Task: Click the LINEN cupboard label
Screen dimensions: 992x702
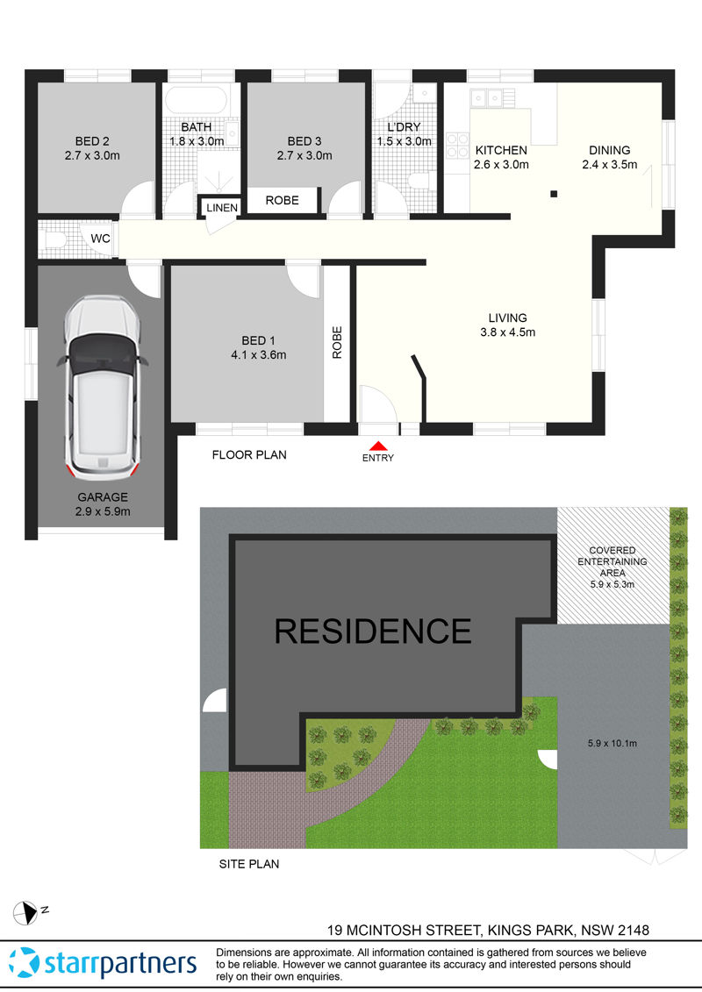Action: point(222,208)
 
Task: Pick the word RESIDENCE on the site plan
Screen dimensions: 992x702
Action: point(373,631)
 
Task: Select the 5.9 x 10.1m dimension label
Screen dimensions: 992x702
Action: point(612,744)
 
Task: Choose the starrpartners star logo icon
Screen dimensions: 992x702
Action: point(25,962)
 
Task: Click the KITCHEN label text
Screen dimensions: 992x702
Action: point(501,150)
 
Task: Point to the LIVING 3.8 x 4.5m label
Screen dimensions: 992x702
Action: point(508,325)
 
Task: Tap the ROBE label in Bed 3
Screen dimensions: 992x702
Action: point(282,200)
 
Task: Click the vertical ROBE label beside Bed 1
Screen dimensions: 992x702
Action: point(337,343)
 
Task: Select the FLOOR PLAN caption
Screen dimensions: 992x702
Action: point(249,455)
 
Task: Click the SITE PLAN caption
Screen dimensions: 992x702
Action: point(248,864)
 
